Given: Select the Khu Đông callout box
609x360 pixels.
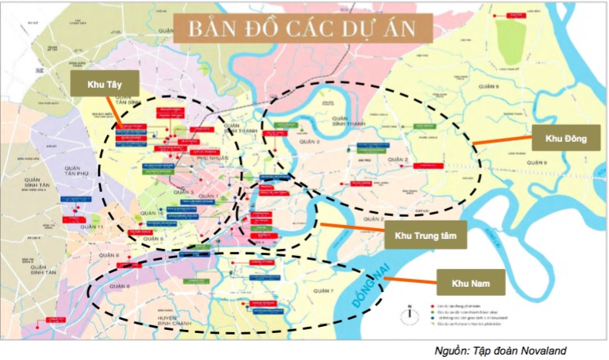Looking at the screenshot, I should [x=565, y=140].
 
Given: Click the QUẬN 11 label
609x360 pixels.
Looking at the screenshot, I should [x=90, y=227].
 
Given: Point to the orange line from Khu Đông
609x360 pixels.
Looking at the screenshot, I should [x=501, y=141].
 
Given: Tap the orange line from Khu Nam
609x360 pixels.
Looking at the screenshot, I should [x=409, y=277].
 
